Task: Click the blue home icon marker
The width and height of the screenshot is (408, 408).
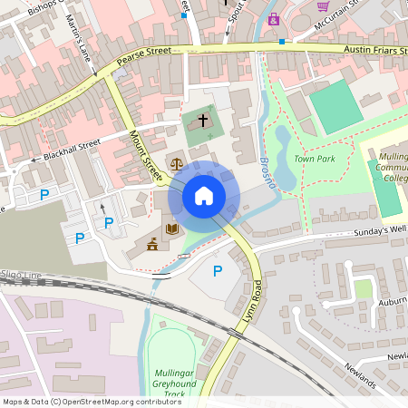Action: click(x=203, y=196)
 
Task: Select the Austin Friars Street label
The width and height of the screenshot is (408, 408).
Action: click(x=375, y=51)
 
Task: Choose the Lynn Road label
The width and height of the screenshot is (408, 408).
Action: click(x=256, y=304)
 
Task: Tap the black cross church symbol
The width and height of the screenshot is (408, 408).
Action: click(x=203, y=120)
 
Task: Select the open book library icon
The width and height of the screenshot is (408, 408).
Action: click(x=171, y=229)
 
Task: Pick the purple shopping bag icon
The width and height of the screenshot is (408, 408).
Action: click(x=273, y=18)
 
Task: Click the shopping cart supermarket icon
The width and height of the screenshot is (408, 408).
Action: click(x=322, y=5)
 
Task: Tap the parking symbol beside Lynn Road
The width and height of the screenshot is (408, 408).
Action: click(x=217, y=270)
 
